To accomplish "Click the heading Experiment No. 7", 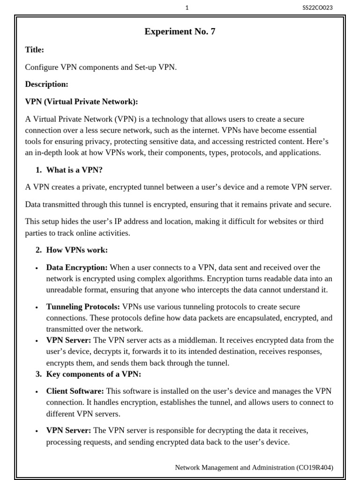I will point(180,32).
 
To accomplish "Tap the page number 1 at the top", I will point(187,7).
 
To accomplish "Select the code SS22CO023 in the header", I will point(318,7).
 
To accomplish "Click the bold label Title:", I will point(35,50).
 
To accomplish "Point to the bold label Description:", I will point(46,84).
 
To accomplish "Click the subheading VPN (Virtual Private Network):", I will point(82,102).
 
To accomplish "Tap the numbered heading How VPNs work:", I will point(77,250).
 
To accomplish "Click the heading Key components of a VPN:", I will point(93,374).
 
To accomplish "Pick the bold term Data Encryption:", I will point(77,268).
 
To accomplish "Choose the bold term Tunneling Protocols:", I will point(83,307).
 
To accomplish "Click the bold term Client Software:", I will point(75,391).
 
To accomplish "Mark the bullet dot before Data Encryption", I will point(37,268).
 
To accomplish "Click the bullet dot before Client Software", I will point(37,391).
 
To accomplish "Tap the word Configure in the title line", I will point(42,67).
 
